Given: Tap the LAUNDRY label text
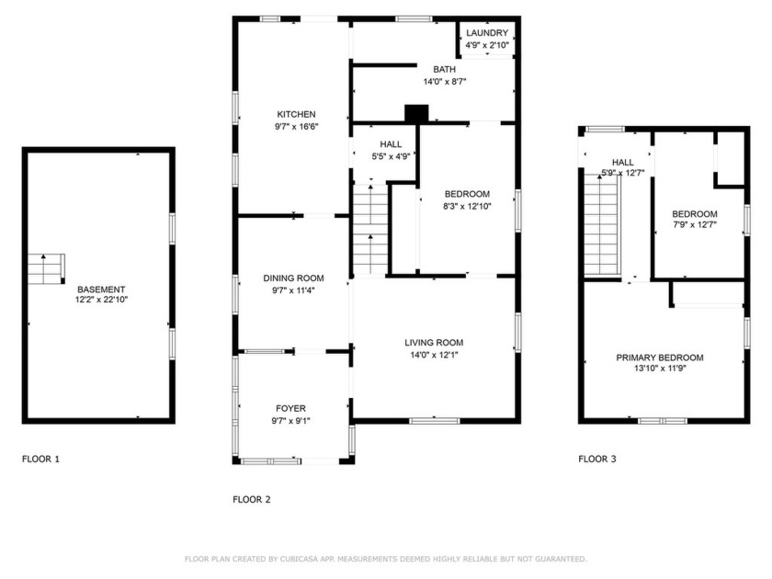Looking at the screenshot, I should pyautogui.click(x=486, y=33).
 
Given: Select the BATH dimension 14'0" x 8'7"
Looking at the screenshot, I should pyautogui.click(x=445, y=82).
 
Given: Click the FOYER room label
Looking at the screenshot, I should pyautogui.click(x=291, y=408).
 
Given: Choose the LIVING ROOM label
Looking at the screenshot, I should pyautogui.click(x=434, y=343).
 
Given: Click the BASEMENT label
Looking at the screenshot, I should pyautogui.click(x=100, y=289).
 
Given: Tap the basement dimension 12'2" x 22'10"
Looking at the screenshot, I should pyautogui.click(x=100, y=300).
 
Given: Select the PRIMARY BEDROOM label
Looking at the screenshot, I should pyautogui.click(x=659, y=358).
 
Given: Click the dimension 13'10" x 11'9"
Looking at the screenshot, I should pyautogui.click(x=659, y=369).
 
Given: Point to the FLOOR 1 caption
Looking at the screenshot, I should pyautogui.click(x=40, y=458).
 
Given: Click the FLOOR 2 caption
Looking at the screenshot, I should pyautogui.click(x=252, y=500).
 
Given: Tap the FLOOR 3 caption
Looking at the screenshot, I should pyautogui.click(x=597, y=458).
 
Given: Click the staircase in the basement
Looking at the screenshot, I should pyautogui.click(x=46, y=268).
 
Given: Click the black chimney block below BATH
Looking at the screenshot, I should pyautogui.click(x=417, y=113).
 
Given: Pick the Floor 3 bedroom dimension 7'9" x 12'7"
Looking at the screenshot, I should pyautogui.click(x=695, y=224).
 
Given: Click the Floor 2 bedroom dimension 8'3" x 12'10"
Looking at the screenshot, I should pyautogui.click(x=467, y=206).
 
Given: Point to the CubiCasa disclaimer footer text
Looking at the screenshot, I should pyautogui.click(x=385, y=559).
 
